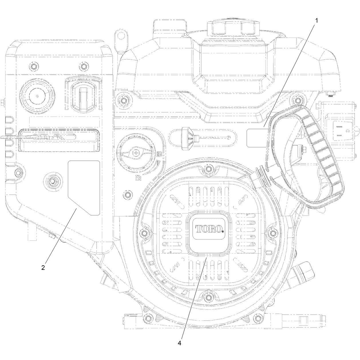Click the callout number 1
[x=317, y=21]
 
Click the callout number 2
[x=43, y=268]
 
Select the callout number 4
[x=179, y=343]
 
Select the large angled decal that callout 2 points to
[x=84, y=188]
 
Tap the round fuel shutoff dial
[x=136, y=153]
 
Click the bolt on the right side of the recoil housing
[x=273, y=233]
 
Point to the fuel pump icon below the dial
[x=138, y=178]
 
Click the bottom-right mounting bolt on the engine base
[x=258, y=318]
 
